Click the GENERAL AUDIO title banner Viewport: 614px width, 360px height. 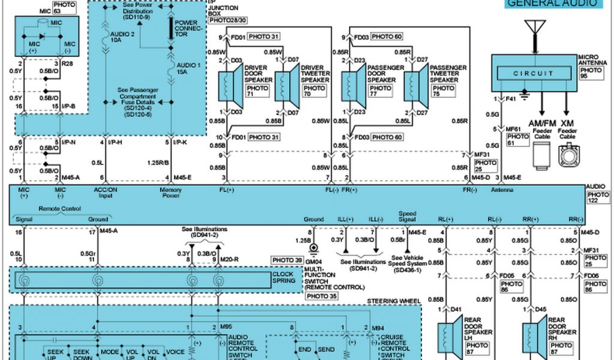point(552,4)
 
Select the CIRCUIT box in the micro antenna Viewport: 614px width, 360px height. point(533,73)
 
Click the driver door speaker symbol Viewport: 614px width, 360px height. point(229,85)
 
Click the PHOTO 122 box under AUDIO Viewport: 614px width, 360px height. point(598,198)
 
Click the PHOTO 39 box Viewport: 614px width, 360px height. point(288,260)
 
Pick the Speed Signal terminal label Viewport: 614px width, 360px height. point(407,217)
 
